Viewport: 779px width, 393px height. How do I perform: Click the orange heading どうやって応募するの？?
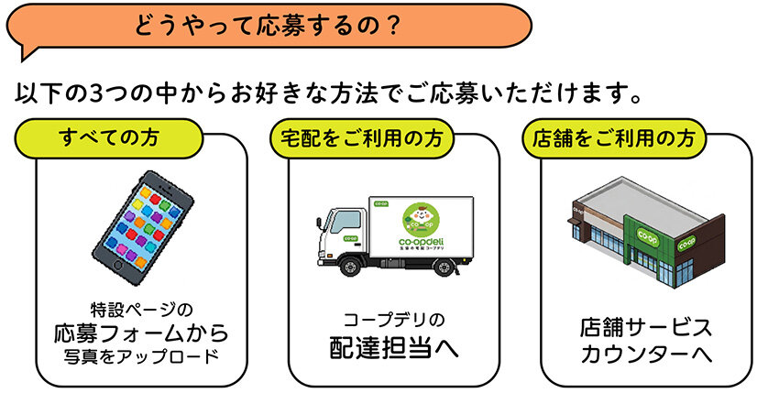tap(269, 26)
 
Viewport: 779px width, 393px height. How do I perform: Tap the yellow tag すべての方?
tap(109, 138)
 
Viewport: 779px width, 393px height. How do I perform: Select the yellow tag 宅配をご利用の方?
tap(362, 138)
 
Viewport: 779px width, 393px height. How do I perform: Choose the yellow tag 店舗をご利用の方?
tap(614, 138)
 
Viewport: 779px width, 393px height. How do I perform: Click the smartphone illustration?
tap(143, 227)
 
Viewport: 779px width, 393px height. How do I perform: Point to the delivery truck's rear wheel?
tap(443, 267)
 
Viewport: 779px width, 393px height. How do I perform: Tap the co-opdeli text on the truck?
tap(422, 242)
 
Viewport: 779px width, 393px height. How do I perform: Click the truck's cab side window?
tap(346, 222)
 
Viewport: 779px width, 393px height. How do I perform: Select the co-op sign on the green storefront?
tap(647, 234)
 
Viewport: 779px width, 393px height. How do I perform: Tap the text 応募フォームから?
tap(141, 333)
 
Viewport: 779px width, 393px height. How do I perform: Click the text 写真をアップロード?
tap(141, 356)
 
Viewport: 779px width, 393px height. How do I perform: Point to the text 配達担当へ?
tap(394, 348)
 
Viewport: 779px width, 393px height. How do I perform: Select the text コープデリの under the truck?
tap(394, 320)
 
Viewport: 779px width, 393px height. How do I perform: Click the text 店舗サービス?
tap(646, 327)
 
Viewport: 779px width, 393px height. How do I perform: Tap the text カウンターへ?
tap(646, 355)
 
